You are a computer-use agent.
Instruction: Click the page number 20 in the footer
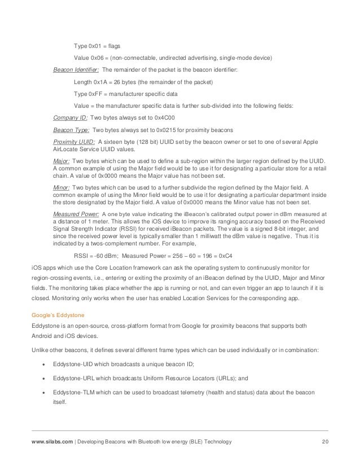(x=324, y=441)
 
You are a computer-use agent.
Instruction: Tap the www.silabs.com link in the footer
(x=50, y=441)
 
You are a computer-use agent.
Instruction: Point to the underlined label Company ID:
(x=71, y=118)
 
